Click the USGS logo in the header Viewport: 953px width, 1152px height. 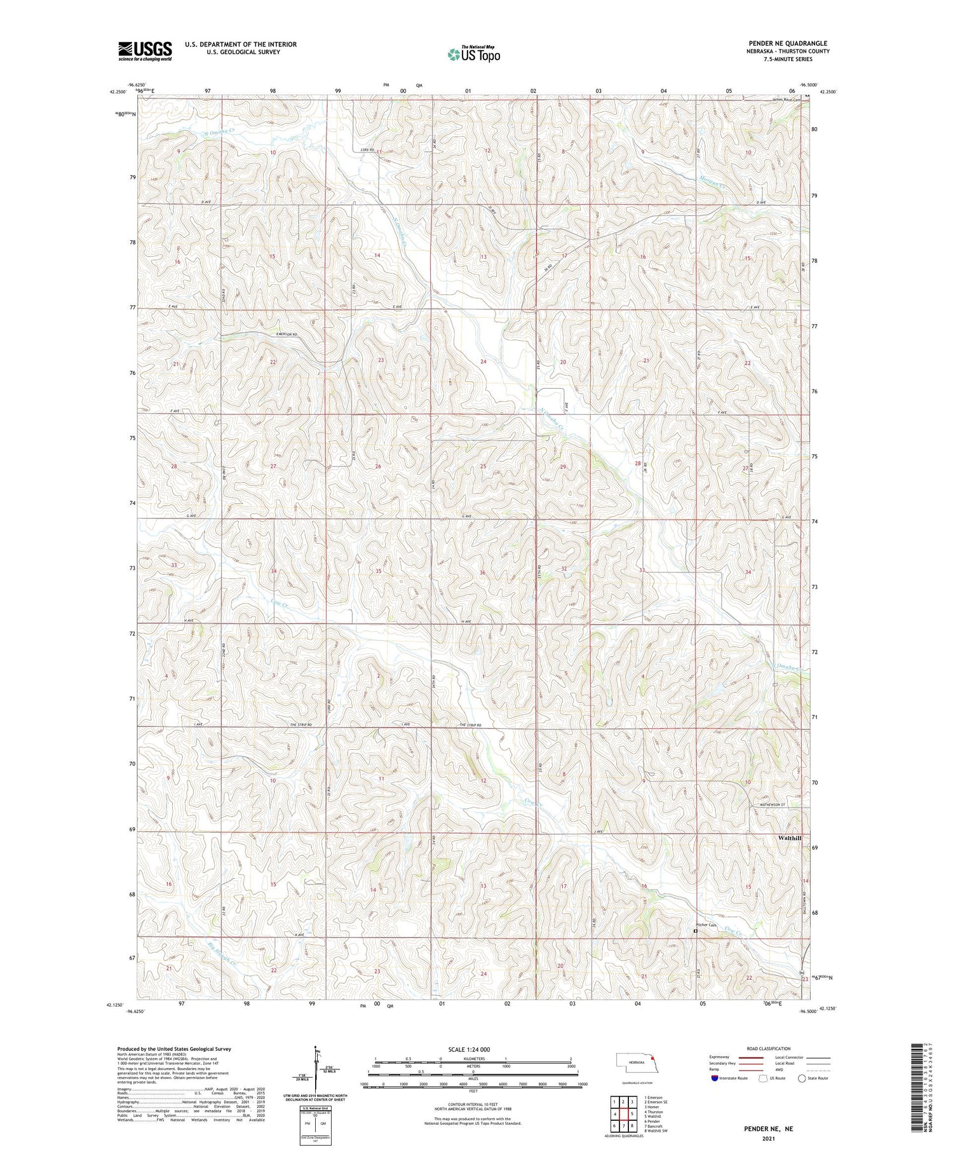[145, 50]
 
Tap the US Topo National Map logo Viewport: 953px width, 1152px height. [473, 54]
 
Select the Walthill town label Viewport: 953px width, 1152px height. [789, 838]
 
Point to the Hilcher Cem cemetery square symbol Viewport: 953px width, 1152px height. [695, 931]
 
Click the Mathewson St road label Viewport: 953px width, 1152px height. [773, 804]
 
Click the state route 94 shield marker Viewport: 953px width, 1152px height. [802, 973]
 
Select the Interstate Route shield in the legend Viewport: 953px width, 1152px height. [715, 1078]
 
